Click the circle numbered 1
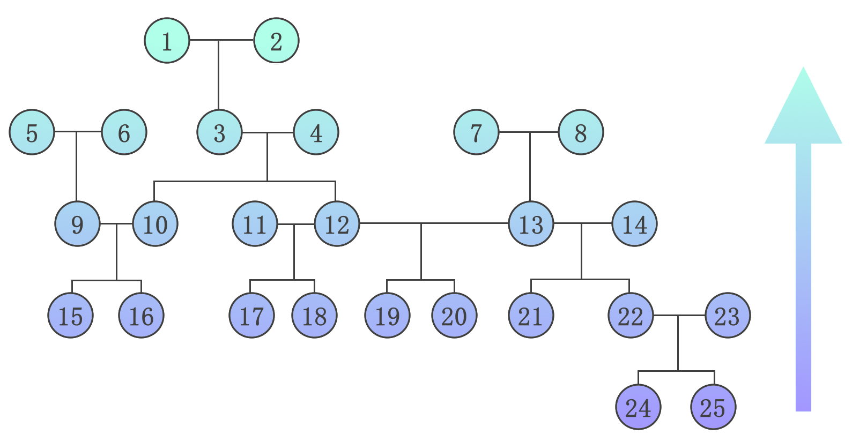click(x=167, y=41)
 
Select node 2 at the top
click(x=276, y=41)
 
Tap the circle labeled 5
click(x=32, y=132)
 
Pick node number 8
click(x=581, y=132)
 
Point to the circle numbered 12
click(x=337, y=224)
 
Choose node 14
click(x=634, y=224)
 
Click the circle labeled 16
click(x=141, y=316)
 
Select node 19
click(x=387, y=316)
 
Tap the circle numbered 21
click(x=531, y=316)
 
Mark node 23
click(x=728, y=316)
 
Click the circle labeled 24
click(x=638, y=407)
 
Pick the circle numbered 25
click(x=713, y=407)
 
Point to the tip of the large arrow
click(x=803, y=69)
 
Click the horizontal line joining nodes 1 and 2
click(x=236, y=40)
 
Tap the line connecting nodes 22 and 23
click(x=692, y=316)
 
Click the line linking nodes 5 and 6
click(x=88, y=132)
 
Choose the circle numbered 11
click(x=255, y=224)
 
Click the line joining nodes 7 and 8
click(x=515, y=132)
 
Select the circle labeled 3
click(x=220, y=132)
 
